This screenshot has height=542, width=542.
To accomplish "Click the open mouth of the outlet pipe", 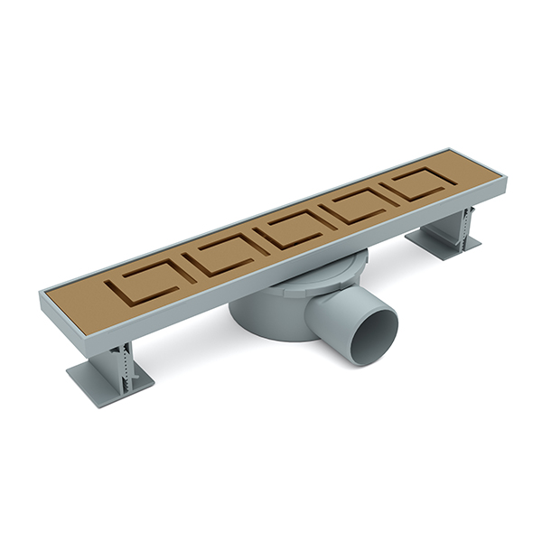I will click(373, 337).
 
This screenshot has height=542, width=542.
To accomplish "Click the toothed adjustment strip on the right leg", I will click(470, 223).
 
